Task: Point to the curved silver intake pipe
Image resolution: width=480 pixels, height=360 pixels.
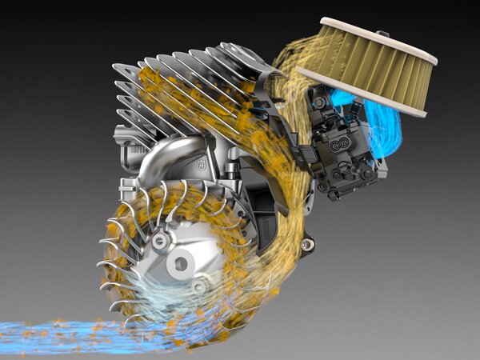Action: (x=160, y=157)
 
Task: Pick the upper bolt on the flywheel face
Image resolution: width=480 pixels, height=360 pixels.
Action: (x=162, y=240)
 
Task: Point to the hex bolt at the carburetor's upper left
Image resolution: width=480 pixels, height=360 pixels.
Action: (x=320, y=103)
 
